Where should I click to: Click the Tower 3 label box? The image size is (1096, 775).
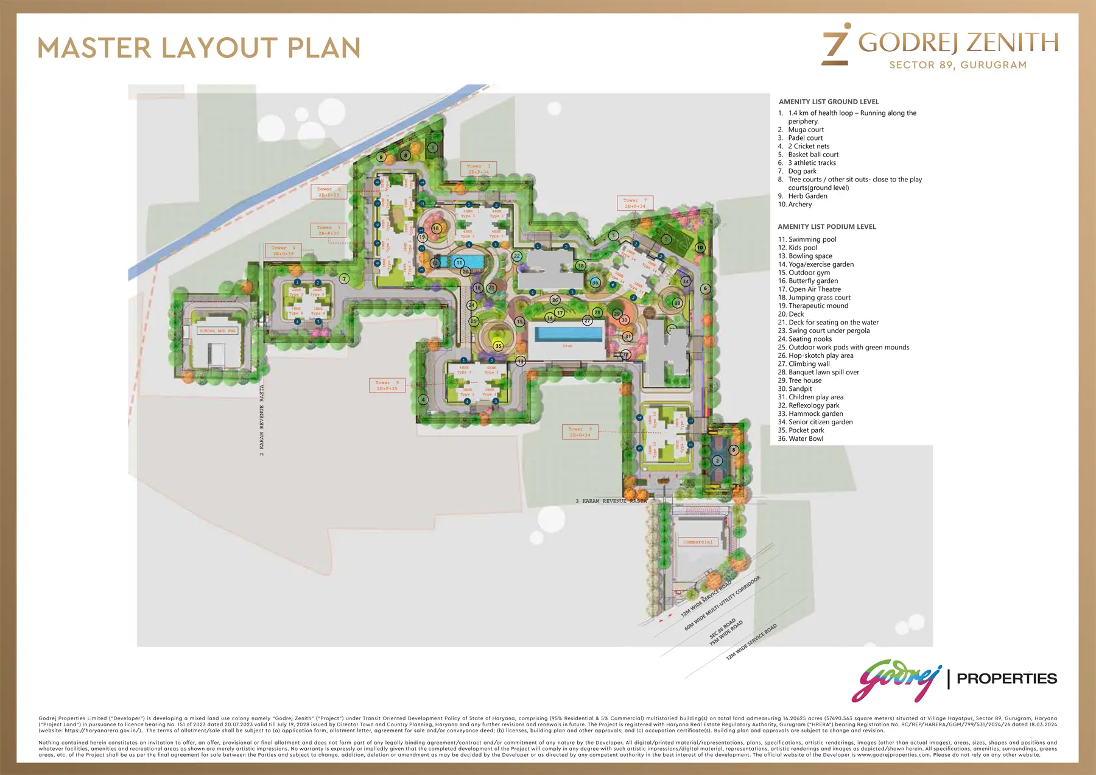click(x=478, y=169)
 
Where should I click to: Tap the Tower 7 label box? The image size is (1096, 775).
click(x=635, y=203)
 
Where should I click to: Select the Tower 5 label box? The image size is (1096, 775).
click(x=387, y=385)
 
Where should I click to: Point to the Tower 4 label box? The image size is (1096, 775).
click(x=283, y=251)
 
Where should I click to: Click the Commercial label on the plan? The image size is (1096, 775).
click(x=698, y=542)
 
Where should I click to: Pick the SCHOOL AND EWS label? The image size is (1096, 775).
click(x=217, y=331)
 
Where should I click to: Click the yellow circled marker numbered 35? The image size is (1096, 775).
click(x=498, y=346)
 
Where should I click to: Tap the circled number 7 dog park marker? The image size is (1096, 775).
click(x=344, y=279)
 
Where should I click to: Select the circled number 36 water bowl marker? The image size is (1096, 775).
click(x=595, y=282)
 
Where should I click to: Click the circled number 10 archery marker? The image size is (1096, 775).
click(x=700, y=248)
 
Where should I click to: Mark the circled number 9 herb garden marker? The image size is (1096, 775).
click(x=381, y=157)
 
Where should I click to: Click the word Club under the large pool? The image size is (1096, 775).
click(x=567, y=346)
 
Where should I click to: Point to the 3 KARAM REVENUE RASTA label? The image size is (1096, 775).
click(x=611, y=501)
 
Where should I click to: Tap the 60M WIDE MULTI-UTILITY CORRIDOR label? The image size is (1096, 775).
click(x=723, y=603)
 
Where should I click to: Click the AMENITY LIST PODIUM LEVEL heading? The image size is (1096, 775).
click(x=826, y=226)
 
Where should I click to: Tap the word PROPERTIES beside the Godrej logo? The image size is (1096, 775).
click(x=1006, y=678)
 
